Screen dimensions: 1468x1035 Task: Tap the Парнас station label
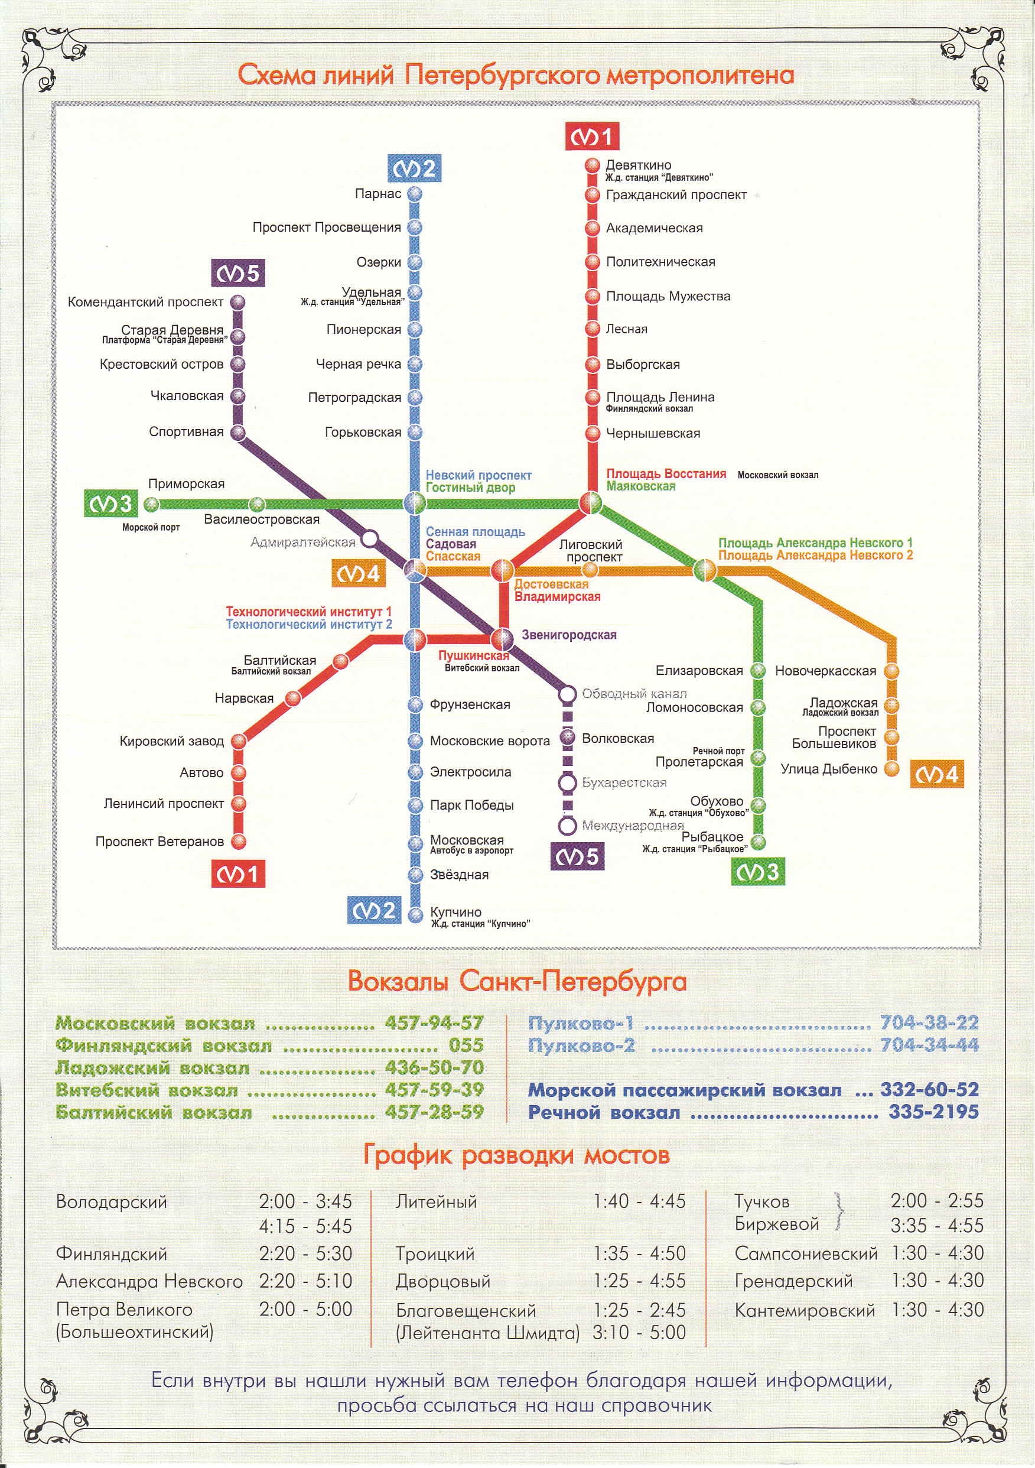pyautogui.click(x=378, y=194)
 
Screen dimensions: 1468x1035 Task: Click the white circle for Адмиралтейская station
pyautogui.click(x=369, y=539)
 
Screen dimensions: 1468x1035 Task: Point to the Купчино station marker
pyautogui.click(x=415, y=914)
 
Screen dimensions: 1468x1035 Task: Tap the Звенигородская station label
pyautogui.click(x=569, y=635)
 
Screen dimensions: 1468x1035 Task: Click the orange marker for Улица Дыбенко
pyautogui.click(x=891, y=768)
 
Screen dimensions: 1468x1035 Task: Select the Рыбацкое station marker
pyautogui.click(x=758, y=842)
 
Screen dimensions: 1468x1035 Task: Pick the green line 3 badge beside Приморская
pyautogui.click(x=111, y=504)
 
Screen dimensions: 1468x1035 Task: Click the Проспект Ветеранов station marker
pyautogui.click(x=239, y=842)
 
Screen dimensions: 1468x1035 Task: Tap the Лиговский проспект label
pyautogui.click(x=590, y=551)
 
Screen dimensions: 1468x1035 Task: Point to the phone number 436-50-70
pyautogui.click(x=434, y=1067)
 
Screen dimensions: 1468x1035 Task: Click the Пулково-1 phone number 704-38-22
pyautogui.click(x=929, y=1022)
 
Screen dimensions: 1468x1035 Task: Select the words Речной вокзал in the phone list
pyautogui.click(x=604, y=1112)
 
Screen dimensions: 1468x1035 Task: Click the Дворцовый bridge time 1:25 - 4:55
pyautogui.click(x=639, y=1281)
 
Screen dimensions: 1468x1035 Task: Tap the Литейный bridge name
pyautogui.click(x=436, y=1201)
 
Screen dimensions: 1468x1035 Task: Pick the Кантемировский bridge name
pyautogui.click(x=804, y=1310)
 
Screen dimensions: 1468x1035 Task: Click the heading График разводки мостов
pyautogui.click(x=516, y=1155)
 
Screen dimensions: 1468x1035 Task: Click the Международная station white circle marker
pyautogui.click(x=567, y=826)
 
